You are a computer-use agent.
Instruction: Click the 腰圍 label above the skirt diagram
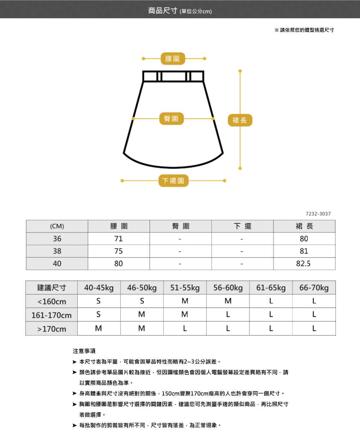coord(173,58)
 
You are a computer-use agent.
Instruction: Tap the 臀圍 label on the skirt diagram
coord(171,118)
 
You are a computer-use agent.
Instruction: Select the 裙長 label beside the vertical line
coord(240,120)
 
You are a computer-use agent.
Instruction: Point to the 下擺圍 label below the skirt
coord(173,181)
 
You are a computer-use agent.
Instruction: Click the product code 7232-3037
coord(318,214)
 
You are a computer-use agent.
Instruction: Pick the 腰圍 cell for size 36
coord(118,239)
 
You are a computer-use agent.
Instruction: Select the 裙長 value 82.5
coord(303,263)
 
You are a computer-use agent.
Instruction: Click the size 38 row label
coord(57,251)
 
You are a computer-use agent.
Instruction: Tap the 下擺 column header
coord(242,226)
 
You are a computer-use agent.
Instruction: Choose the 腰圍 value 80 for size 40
coord(118,263)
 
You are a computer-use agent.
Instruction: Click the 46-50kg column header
coord(142,288)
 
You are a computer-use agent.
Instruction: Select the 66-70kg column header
coord(314,288)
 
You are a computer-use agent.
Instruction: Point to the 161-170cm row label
coord(51,315)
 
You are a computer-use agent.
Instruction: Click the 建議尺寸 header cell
coord(51,288)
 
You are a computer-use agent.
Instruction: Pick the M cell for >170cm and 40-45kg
coord(99,328)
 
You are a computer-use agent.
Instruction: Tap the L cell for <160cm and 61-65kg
coord(271,301)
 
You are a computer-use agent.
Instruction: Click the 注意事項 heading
coord(84,351)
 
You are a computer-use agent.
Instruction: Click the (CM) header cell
coord(57,226)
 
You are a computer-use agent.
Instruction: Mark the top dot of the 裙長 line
coord(240,71)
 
